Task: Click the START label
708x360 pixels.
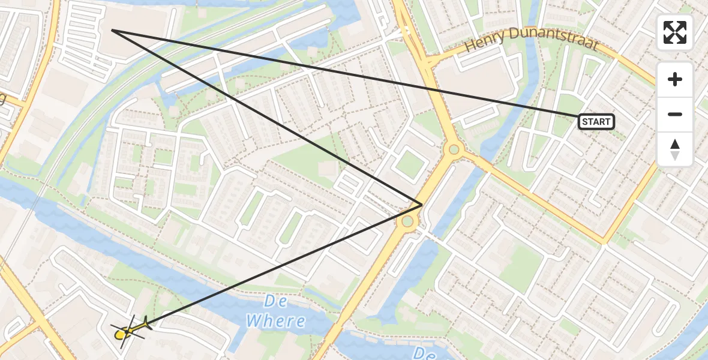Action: [596, 122]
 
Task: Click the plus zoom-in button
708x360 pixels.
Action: [675, 79]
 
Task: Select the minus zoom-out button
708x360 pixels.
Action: [675, 114]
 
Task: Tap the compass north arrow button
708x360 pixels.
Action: [675, 149]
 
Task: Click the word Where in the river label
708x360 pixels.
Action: [275, 321]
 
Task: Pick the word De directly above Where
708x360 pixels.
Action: [275, 301]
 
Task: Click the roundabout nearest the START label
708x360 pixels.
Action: [454, 149]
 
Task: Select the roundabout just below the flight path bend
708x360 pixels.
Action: [408, 222]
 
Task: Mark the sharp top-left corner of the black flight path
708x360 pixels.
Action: [112, 30]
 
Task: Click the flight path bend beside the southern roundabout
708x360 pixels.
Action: [422, 205]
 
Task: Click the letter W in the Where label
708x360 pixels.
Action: [255, 321]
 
